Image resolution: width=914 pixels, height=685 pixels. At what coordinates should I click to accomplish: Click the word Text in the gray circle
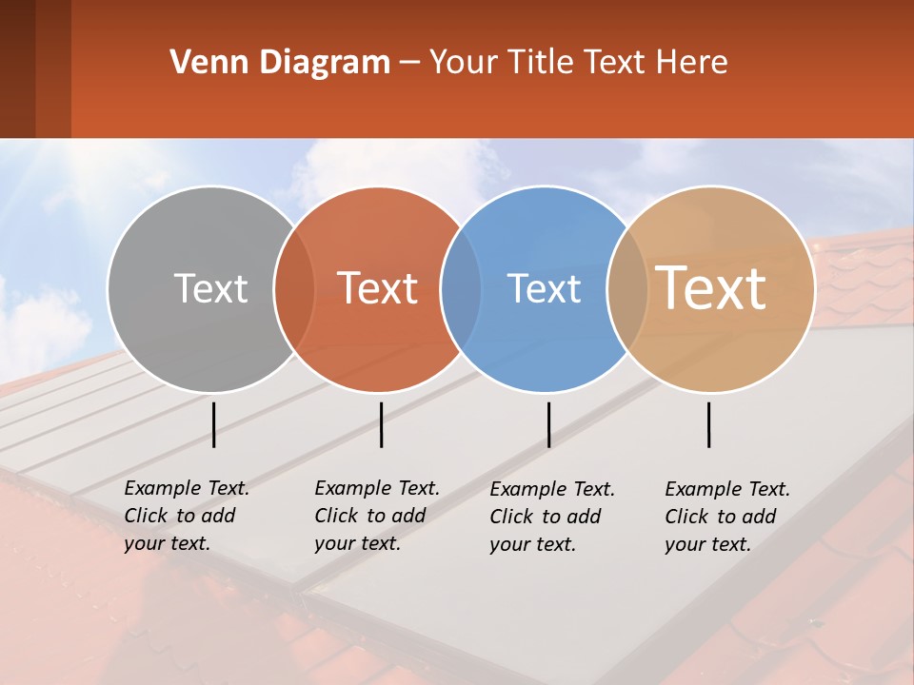[210, 288]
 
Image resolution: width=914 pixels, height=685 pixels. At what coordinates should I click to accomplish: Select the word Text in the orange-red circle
[377, 288]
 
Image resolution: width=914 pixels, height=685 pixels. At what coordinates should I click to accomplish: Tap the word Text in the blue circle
[544, 288]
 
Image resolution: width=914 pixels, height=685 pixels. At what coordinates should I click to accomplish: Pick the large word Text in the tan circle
[711, 288]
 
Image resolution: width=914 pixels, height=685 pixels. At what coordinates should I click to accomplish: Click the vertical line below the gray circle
[213, 424]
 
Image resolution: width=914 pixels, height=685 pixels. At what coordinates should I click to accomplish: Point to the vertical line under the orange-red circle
[381, 424]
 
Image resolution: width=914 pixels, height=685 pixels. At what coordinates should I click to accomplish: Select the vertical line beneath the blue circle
[548, 424]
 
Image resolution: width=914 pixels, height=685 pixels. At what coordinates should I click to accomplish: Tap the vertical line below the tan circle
[708, 424]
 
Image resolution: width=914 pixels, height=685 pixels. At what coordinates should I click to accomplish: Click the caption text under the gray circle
[186, 516]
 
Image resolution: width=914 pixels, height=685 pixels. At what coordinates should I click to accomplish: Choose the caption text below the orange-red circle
[376, 516]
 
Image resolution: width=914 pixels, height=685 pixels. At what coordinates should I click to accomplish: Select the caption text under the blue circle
[551, 517]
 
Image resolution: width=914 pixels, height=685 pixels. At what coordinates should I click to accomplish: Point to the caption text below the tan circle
[726, 517]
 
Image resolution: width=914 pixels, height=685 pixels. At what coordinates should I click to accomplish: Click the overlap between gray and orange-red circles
[294, 288]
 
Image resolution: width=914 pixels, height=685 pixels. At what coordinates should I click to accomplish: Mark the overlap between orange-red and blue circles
[461, 288]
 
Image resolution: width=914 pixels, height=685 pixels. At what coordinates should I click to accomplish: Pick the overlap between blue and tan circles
[627, 288]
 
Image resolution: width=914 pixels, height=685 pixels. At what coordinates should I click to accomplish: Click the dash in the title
[409, 63]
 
